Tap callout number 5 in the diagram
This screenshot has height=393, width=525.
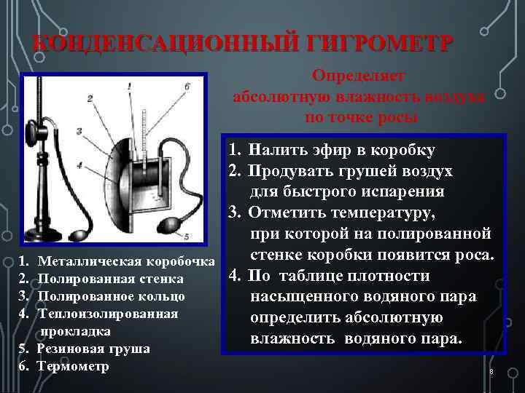pos(187,236)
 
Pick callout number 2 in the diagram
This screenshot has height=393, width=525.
pos(89,98)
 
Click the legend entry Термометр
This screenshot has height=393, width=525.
pos(72,366)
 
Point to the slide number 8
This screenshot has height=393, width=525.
pos(491,373)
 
